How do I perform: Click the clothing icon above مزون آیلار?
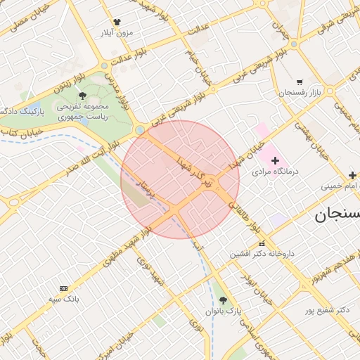[x=117, y=22]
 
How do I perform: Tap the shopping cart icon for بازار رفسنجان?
[x=300, y=82]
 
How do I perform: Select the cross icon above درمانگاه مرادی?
[x=275, y=161]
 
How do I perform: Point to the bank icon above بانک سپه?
[x=64, y=288]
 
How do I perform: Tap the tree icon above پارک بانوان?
[x=223, y=300]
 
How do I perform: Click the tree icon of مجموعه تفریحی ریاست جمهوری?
[x=83, y=94]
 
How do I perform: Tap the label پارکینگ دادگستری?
[x=21, y=111]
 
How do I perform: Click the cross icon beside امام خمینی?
[x=352, y=174]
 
